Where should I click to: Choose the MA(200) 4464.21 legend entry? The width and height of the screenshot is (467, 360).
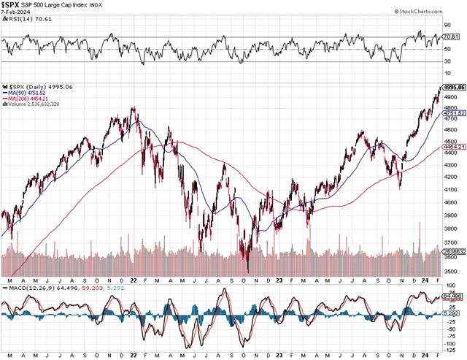28,99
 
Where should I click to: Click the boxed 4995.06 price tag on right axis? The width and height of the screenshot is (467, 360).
454,87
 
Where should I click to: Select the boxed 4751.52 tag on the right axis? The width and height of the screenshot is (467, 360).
454,114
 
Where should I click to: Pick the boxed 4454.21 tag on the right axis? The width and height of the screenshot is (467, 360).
454,147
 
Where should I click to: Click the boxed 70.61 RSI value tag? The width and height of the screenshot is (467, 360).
453,37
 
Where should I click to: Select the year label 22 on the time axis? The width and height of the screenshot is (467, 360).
134,280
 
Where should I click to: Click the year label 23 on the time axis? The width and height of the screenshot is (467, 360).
280,280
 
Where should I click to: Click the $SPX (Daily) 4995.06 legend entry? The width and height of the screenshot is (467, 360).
36,87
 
